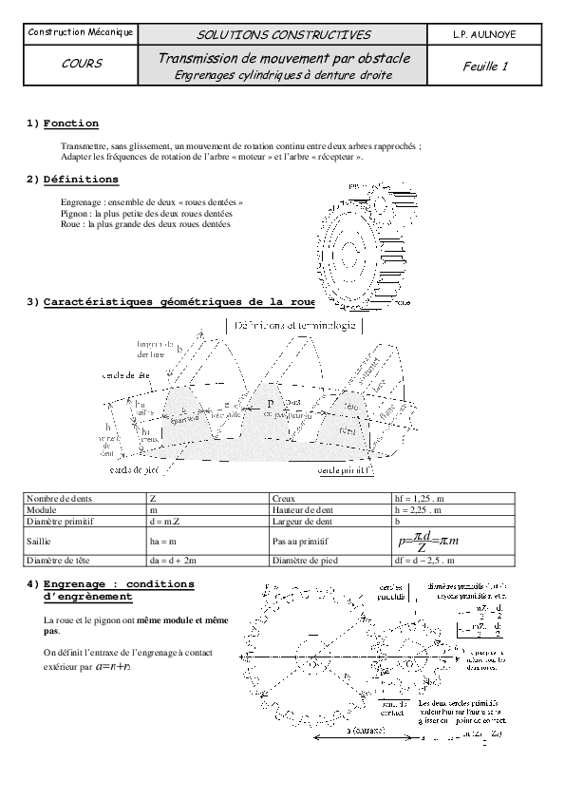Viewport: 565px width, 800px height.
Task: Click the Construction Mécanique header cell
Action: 80,34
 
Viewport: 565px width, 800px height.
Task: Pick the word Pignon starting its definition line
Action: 72,214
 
